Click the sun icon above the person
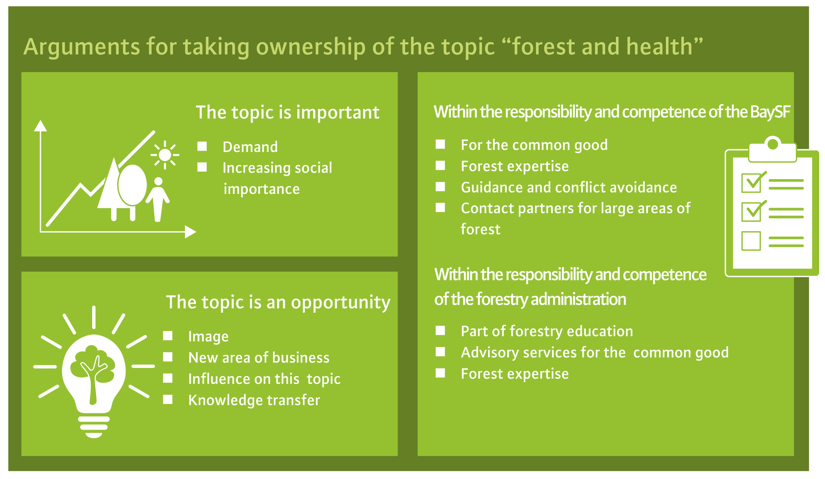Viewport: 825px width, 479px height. click(x=165, y=155)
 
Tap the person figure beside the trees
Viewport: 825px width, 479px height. click(x=158, y=200)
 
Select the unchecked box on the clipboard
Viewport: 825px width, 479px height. click(x=751, y=241)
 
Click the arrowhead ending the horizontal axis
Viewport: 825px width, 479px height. click(x=190, y=232)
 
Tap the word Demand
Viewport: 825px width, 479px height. click(x=250, y=147)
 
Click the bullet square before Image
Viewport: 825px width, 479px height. click(x=168, y=336)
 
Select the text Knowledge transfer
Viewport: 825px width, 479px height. click(x=254, y=400)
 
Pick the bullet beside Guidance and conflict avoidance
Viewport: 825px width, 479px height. click(x=440, y=187)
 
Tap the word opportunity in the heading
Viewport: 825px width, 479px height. click(x=341, y=303)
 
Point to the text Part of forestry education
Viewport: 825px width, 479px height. click(x=547, y=331)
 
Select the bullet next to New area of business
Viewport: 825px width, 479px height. click(x=168, y=357)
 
